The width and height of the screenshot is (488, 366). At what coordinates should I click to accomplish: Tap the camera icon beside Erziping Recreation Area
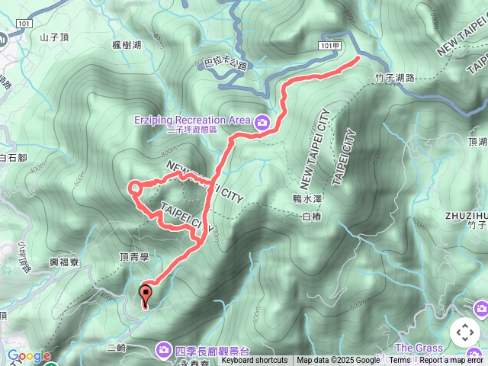tap(262, 121)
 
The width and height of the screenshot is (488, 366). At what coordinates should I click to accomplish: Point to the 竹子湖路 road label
tap(394, 77)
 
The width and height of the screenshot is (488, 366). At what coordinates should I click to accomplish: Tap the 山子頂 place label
tap(54, 36)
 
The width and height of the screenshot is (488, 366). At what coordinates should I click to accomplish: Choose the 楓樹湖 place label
tap(127, 46)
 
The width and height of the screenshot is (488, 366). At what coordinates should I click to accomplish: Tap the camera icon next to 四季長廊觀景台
tap(164, 349)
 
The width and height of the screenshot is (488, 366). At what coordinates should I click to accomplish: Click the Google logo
tap(29, 356)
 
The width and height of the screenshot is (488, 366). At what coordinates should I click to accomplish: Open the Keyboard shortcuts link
tap(255, 361)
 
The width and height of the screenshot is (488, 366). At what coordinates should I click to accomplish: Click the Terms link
tap(400, 361)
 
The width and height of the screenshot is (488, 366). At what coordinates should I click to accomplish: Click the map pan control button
tap(464, 332)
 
